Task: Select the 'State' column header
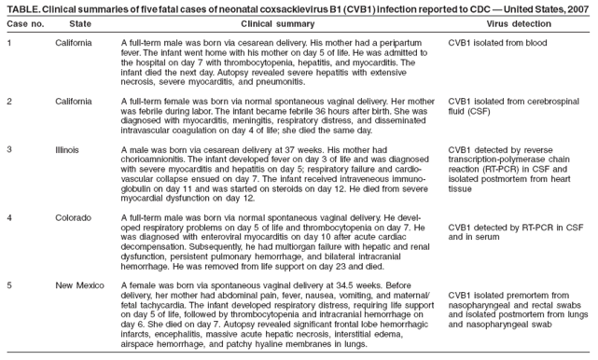coord(80,22)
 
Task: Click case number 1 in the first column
coord(9,44)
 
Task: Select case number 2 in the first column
coord(9,100)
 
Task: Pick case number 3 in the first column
coord(9,149)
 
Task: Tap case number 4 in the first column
coord(9,216)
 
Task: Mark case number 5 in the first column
coord(9,283)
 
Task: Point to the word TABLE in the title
coord(21,7)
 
